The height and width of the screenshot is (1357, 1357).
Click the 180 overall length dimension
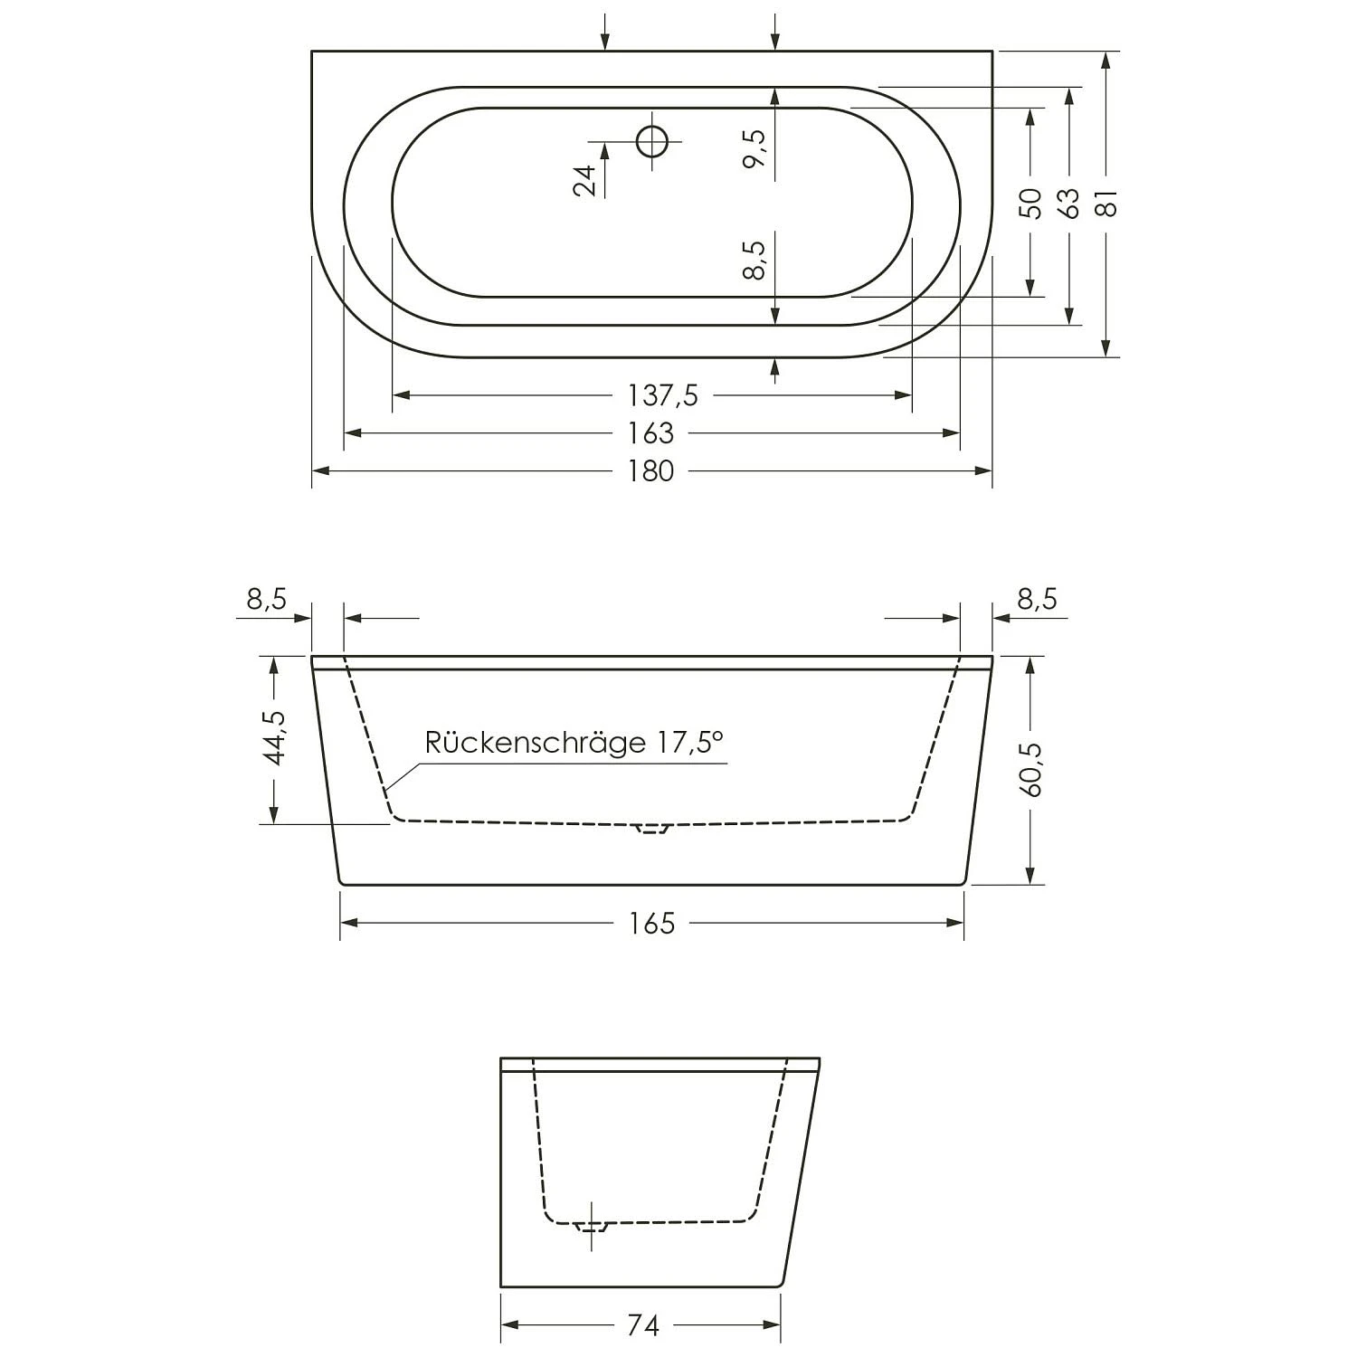(651, 471)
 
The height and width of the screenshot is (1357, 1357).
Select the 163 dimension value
(651, 433)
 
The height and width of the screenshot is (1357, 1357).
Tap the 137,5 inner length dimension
(662, 395)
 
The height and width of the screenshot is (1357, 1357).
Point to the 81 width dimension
(1108, 203)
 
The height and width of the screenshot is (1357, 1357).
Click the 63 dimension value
(1069, 203)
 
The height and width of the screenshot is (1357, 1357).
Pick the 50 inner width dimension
(1030, 203)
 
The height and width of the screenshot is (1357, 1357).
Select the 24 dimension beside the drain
(586, 180)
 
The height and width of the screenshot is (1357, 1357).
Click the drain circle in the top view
(651, 141)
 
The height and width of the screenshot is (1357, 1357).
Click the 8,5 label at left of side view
(265, 599)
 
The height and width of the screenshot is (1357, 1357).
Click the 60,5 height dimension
(1031, 769)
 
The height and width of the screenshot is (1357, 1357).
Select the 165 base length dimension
(651, 923)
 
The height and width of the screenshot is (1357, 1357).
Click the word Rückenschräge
(534, 743)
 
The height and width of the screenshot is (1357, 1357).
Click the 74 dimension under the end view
(642, 1325)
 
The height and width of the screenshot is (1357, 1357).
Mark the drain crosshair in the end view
(592, 1227)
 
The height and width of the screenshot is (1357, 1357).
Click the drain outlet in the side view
(651, 827)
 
